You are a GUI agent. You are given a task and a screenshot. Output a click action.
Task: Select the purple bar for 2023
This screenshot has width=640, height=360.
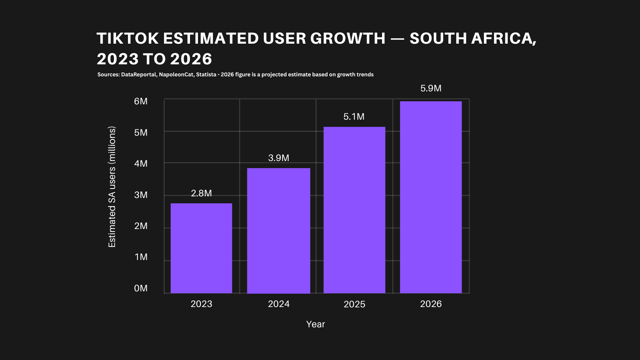click(x=201, y=248)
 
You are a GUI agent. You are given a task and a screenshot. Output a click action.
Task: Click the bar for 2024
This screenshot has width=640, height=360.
click(x=279, y=231)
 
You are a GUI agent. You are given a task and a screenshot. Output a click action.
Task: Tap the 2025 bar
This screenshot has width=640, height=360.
click(x=354, y=210)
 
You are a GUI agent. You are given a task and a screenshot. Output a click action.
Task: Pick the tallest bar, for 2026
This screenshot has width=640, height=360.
click(x=431, y=197)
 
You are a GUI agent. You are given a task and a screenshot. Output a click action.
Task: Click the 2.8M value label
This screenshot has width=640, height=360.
click(x=201, y=193)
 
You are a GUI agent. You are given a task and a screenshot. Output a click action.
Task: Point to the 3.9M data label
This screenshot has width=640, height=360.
click(x=279, y=158)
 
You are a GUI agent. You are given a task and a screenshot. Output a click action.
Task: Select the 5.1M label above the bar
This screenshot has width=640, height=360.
click(x=354, y=117)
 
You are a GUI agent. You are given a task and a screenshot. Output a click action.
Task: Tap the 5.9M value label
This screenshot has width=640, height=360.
click(x=431, y=88)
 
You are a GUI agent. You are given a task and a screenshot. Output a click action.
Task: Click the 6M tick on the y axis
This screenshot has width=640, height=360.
click(x=141, y=101)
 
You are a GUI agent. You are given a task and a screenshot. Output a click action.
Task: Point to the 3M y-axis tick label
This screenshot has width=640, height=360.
click(x=141, y=195)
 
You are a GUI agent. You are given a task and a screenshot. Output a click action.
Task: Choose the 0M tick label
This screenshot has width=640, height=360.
click(x=141, y=288)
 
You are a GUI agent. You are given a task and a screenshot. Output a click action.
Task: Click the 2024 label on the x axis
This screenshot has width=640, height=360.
click(x=279, y=304)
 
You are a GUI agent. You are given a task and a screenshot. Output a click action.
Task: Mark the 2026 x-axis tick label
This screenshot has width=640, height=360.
click(x=431, y=304)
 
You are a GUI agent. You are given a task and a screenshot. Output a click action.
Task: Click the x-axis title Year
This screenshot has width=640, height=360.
click(x=315, y=324)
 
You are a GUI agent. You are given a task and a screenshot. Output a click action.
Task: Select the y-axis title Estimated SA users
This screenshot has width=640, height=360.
click(x=112, y=187)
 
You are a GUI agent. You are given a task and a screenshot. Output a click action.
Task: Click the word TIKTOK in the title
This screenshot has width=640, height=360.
click(x=128, y=38)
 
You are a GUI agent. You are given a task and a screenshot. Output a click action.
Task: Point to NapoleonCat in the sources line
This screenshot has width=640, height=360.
click(x=176, y=75)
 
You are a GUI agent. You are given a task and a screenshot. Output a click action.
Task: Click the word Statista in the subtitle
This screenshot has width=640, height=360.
click(x=206, y=75)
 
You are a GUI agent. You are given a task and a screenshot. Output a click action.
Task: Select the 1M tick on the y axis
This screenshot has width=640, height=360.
click(x=141, y=257)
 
